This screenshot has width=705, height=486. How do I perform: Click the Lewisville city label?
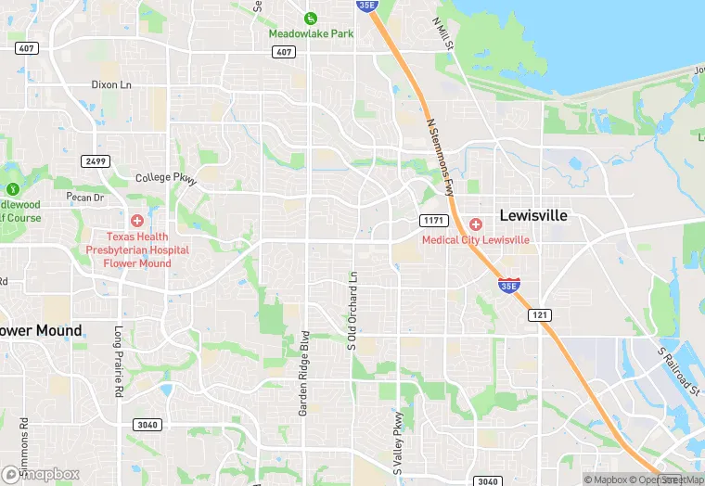point(532,214)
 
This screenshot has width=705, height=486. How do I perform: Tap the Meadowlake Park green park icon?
point(311,18)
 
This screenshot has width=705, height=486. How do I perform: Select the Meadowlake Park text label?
point(311,33)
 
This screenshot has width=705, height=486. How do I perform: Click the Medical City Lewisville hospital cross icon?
point(475,224)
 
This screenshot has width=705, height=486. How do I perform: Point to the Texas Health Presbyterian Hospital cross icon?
point(137,221)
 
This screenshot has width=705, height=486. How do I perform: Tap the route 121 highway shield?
point(541,315)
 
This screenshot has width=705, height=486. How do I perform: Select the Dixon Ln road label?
point(111,84)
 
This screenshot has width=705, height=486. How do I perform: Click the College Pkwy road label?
point(167,178)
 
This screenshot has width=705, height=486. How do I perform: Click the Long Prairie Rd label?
point(118,362)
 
